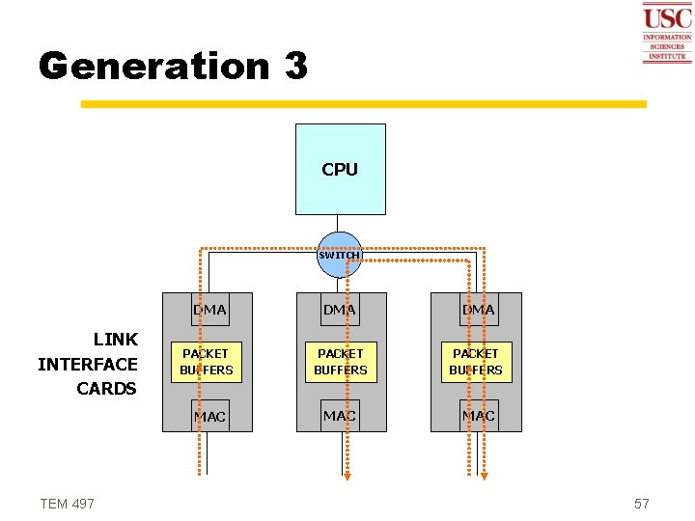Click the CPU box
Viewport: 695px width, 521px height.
[340, 169]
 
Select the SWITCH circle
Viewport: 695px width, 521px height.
[340, 255]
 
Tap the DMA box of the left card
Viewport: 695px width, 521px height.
[209, 310]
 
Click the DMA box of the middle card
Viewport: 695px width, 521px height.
[340, 310]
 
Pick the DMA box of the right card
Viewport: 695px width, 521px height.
[478, 310]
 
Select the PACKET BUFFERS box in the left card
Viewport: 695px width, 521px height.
[207, 362]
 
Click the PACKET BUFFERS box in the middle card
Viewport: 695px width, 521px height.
[341, 362]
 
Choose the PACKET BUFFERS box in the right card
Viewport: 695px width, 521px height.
[476, 362]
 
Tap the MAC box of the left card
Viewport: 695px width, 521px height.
[209, 416]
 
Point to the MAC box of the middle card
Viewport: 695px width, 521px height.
[340, 416]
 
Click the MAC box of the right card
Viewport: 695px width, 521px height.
[478, 416]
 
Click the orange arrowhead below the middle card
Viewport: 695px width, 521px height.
[348, 474]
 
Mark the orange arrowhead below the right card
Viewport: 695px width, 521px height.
[485, 474]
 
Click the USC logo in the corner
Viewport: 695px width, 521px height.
[667, 33]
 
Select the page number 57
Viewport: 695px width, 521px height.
[642, 504]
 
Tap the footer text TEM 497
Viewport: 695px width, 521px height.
[68, 504]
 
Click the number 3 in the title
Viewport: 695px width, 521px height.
[295, 67]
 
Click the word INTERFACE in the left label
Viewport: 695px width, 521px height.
[88, 364]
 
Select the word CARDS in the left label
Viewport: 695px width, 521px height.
[106, 389]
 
